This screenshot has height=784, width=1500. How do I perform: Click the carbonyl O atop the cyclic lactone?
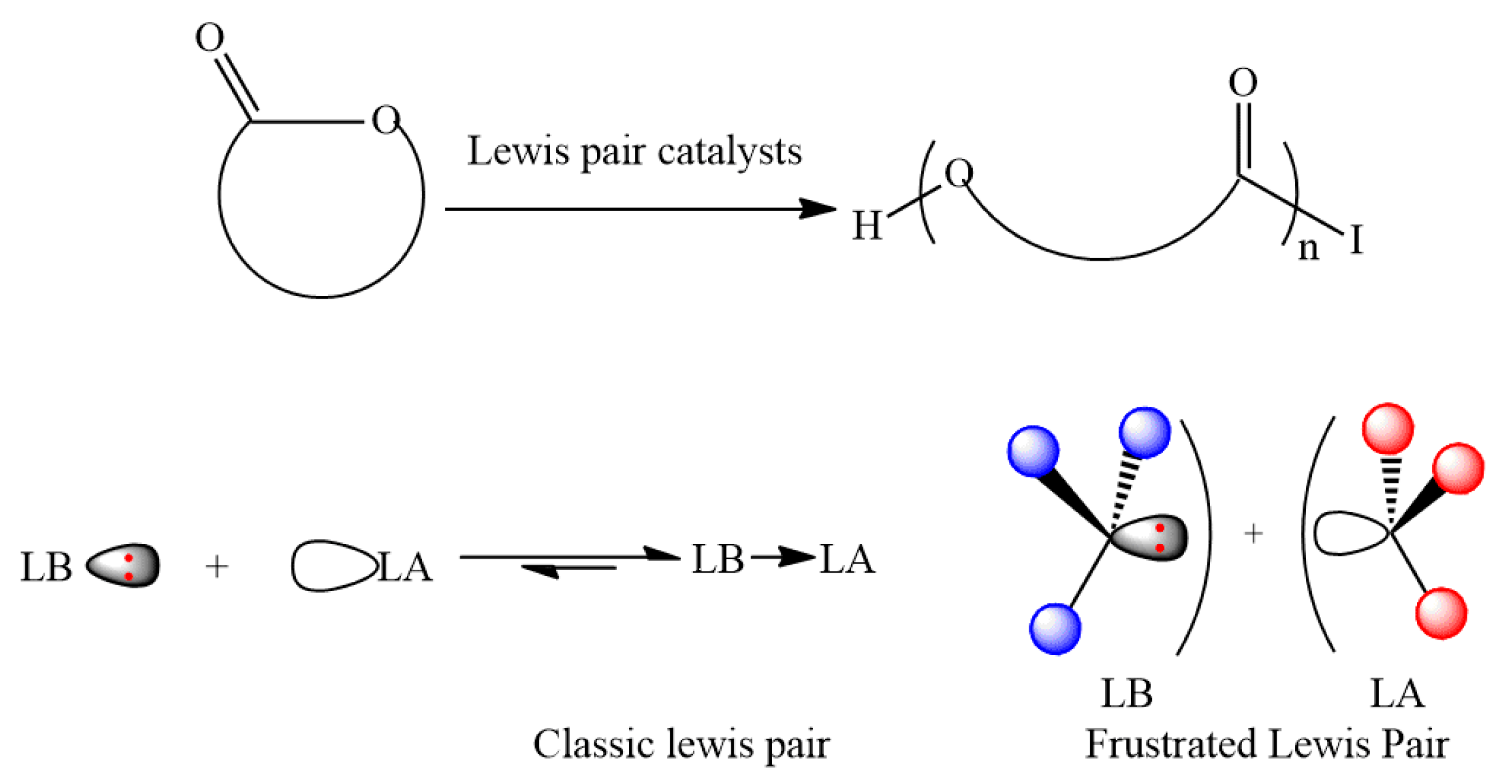coord(209,37)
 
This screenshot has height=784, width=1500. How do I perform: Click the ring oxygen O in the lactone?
coord(386,120)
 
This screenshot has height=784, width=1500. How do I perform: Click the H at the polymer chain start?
coord(867,225)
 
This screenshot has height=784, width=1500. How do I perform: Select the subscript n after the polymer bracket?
coord(1308,249)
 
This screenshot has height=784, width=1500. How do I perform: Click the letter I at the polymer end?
coord(1356,239)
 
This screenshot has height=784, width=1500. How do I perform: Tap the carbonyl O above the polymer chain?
coord(1243,83)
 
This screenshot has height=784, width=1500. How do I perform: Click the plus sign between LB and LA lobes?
coord(217,567)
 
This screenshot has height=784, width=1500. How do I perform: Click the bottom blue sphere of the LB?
coord(1055,629)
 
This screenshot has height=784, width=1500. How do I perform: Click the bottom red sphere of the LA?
coord(1441,613)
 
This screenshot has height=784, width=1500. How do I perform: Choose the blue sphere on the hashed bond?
coord(1144,433)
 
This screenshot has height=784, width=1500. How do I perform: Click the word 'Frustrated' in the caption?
coord(1170,744)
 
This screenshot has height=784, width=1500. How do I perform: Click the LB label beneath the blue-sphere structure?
coord(1126,694)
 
